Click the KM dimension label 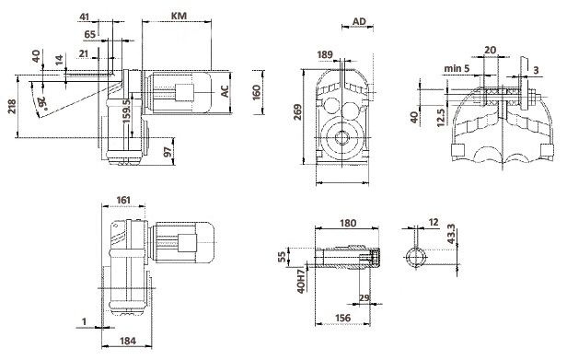coord(179,16)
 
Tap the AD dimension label coord(359,22)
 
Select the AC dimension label coord(225,91)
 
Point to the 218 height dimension coord(12,106)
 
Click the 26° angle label coord(42,102)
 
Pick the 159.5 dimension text coord(126,111)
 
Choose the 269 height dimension coord(297,112)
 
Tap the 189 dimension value coord(325,54)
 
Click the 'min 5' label coord(457,67)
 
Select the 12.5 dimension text coord(440,118)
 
